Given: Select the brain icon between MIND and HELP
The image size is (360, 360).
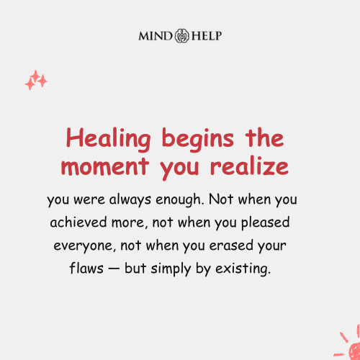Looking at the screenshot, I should (180, 35).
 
